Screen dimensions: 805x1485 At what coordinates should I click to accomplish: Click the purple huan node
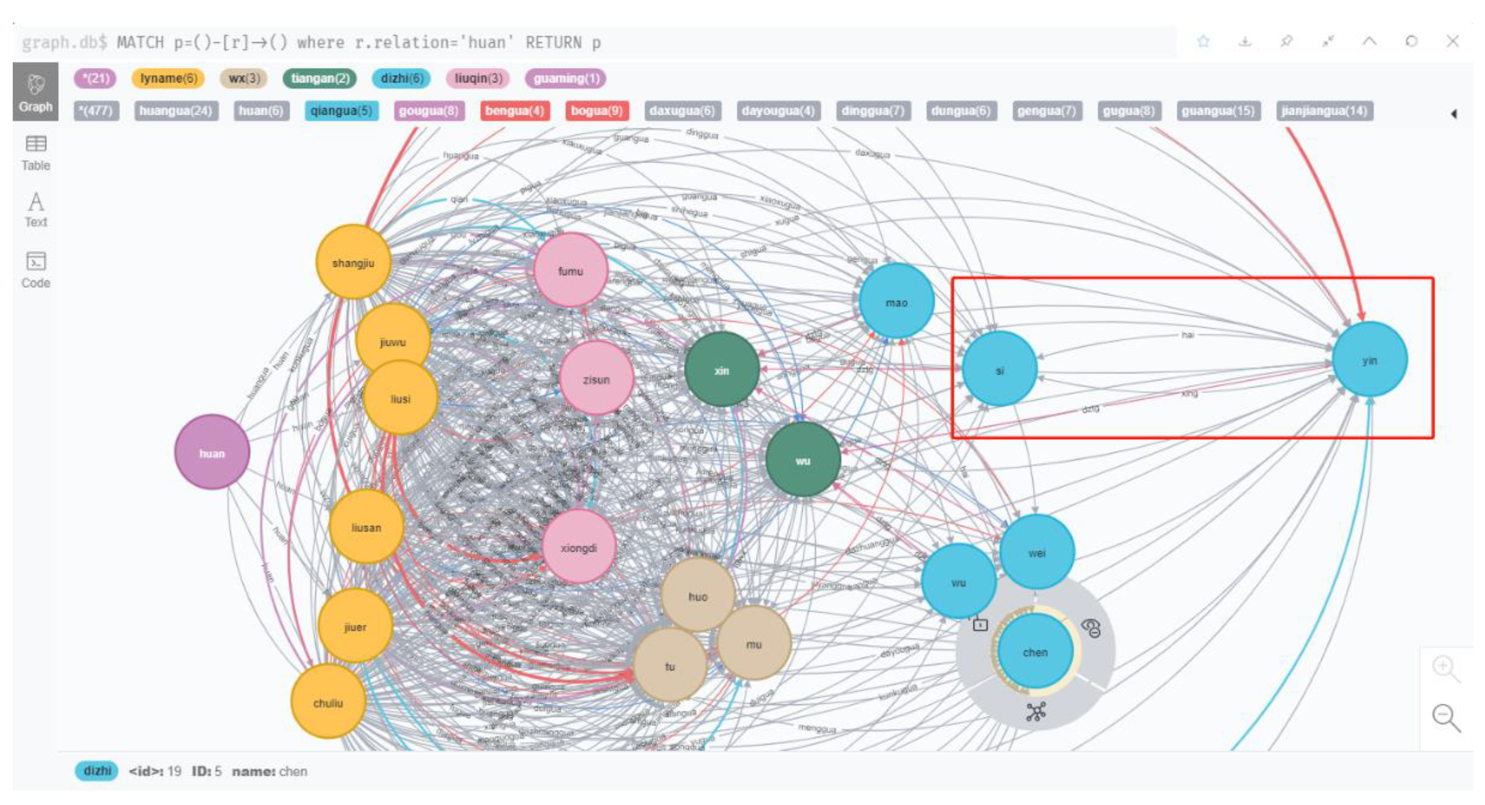[212, 452]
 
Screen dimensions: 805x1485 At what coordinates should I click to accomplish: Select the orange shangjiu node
[353, 262]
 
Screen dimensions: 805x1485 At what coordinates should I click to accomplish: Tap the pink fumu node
[570, 270]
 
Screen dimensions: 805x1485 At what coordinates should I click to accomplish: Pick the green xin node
[722, 370]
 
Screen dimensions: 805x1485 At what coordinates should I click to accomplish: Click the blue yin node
[1370, 360]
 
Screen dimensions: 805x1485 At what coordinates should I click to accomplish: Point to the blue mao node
[896, 301]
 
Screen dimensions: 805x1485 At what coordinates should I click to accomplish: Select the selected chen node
[1035, 651]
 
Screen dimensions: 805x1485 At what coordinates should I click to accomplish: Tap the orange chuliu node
[328, 702]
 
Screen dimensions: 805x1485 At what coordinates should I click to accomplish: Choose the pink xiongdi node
[579, 547]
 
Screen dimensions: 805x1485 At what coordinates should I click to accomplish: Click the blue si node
[1000, 370]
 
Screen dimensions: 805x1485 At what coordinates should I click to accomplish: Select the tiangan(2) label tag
[320, 78]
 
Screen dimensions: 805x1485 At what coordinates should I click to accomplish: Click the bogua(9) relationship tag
[597, 110]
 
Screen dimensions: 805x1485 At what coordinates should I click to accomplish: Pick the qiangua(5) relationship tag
[341, 110]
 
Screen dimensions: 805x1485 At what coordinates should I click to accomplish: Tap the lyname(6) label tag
[169, 78]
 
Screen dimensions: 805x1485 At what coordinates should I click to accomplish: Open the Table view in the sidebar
[36, 153]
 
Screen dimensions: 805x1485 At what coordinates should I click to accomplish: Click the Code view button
[36, 270]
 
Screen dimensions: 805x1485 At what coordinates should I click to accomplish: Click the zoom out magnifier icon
[1445, 717]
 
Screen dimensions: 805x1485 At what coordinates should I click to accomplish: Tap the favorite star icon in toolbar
[1203, 41]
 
